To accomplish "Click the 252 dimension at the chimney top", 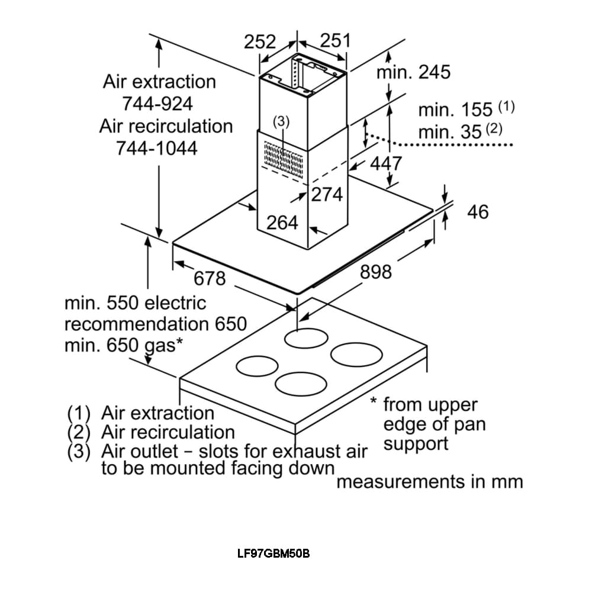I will (260, 42).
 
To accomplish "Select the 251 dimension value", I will (335, 40).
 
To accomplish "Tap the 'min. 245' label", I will (413, 72).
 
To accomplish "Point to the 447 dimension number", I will (386, 163).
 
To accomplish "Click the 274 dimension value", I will (327, 194).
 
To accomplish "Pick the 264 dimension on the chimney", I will (282, 223).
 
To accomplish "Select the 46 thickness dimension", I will (478, 211).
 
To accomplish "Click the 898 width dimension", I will (376, 272).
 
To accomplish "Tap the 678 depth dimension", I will (210, 278).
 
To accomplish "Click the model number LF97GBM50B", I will (273, 554).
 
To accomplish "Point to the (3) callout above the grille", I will (281, 121).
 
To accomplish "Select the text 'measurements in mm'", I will (430, 482).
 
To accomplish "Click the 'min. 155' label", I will (455, 110).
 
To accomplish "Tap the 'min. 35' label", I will (450, 131).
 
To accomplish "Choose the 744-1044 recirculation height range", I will (157, 148).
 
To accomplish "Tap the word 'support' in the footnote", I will (416, 443).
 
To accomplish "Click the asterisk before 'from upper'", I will (374, 402).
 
